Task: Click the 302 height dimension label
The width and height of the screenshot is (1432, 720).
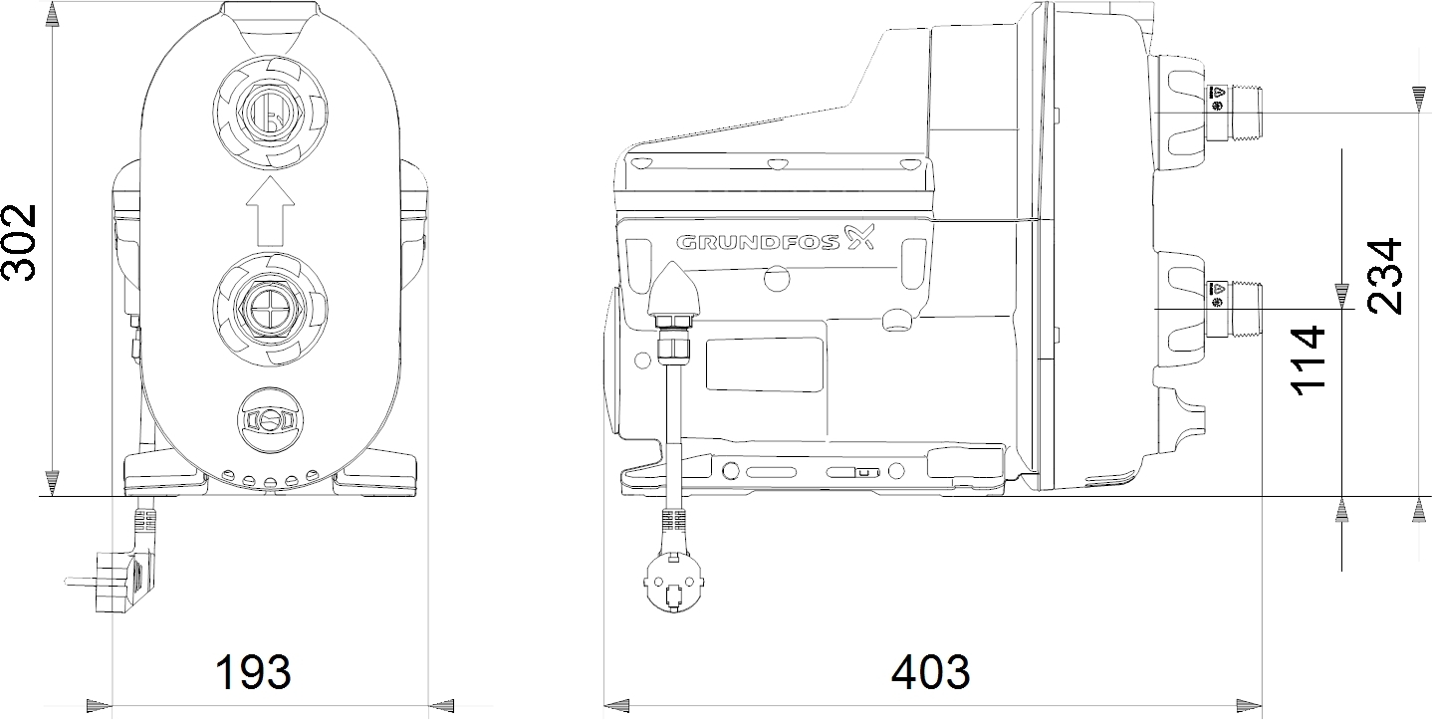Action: coord(19,242)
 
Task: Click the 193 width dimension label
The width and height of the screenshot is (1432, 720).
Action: coord(253,672)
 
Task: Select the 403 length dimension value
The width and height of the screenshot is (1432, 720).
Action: coord(931,672)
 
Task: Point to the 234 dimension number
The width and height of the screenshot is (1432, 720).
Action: coord(1384,276)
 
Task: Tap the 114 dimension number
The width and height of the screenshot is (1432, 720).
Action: coord(1308,360)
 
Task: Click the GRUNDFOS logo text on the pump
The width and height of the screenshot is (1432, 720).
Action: coord(758,242)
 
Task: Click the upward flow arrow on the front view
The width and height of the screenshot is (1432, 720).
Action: coord(271,211)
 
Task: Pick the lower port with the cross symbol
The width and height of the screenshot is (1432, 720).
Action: coord(271,309)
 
